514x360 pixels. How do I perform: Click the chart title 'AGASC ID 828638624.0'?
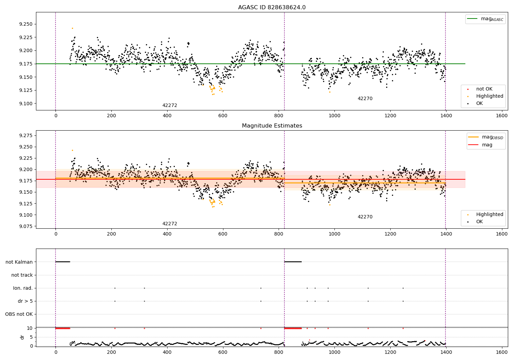(272, 8)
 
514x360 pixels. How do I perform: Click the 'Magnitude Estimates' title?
(272, 126)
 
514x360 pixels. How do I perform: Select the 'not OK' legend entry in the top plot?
(484, 89)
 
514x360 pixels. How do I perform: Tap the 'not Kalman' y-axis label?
(19, 262)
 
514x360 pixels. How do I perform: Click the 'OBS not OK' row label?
(19, 314)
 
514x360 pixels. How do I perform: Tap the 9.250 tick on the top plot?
(26, 24)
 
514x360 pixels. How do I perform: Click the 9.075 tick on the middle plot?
(26, 226)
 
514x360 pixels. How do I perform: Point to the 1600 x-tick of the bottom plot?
(502, 352)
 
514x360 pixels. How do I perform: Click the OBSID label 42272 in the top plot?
(170, 106)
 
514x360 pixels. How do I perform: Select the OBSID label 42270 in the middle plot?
(365, 217)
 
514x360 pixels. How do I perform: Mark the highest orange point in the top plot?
(72, 28)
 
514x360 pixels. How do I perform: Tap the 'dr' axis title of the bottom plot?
(22, 337)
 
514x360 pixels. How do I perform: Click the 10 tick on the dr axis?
(29, 328)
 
